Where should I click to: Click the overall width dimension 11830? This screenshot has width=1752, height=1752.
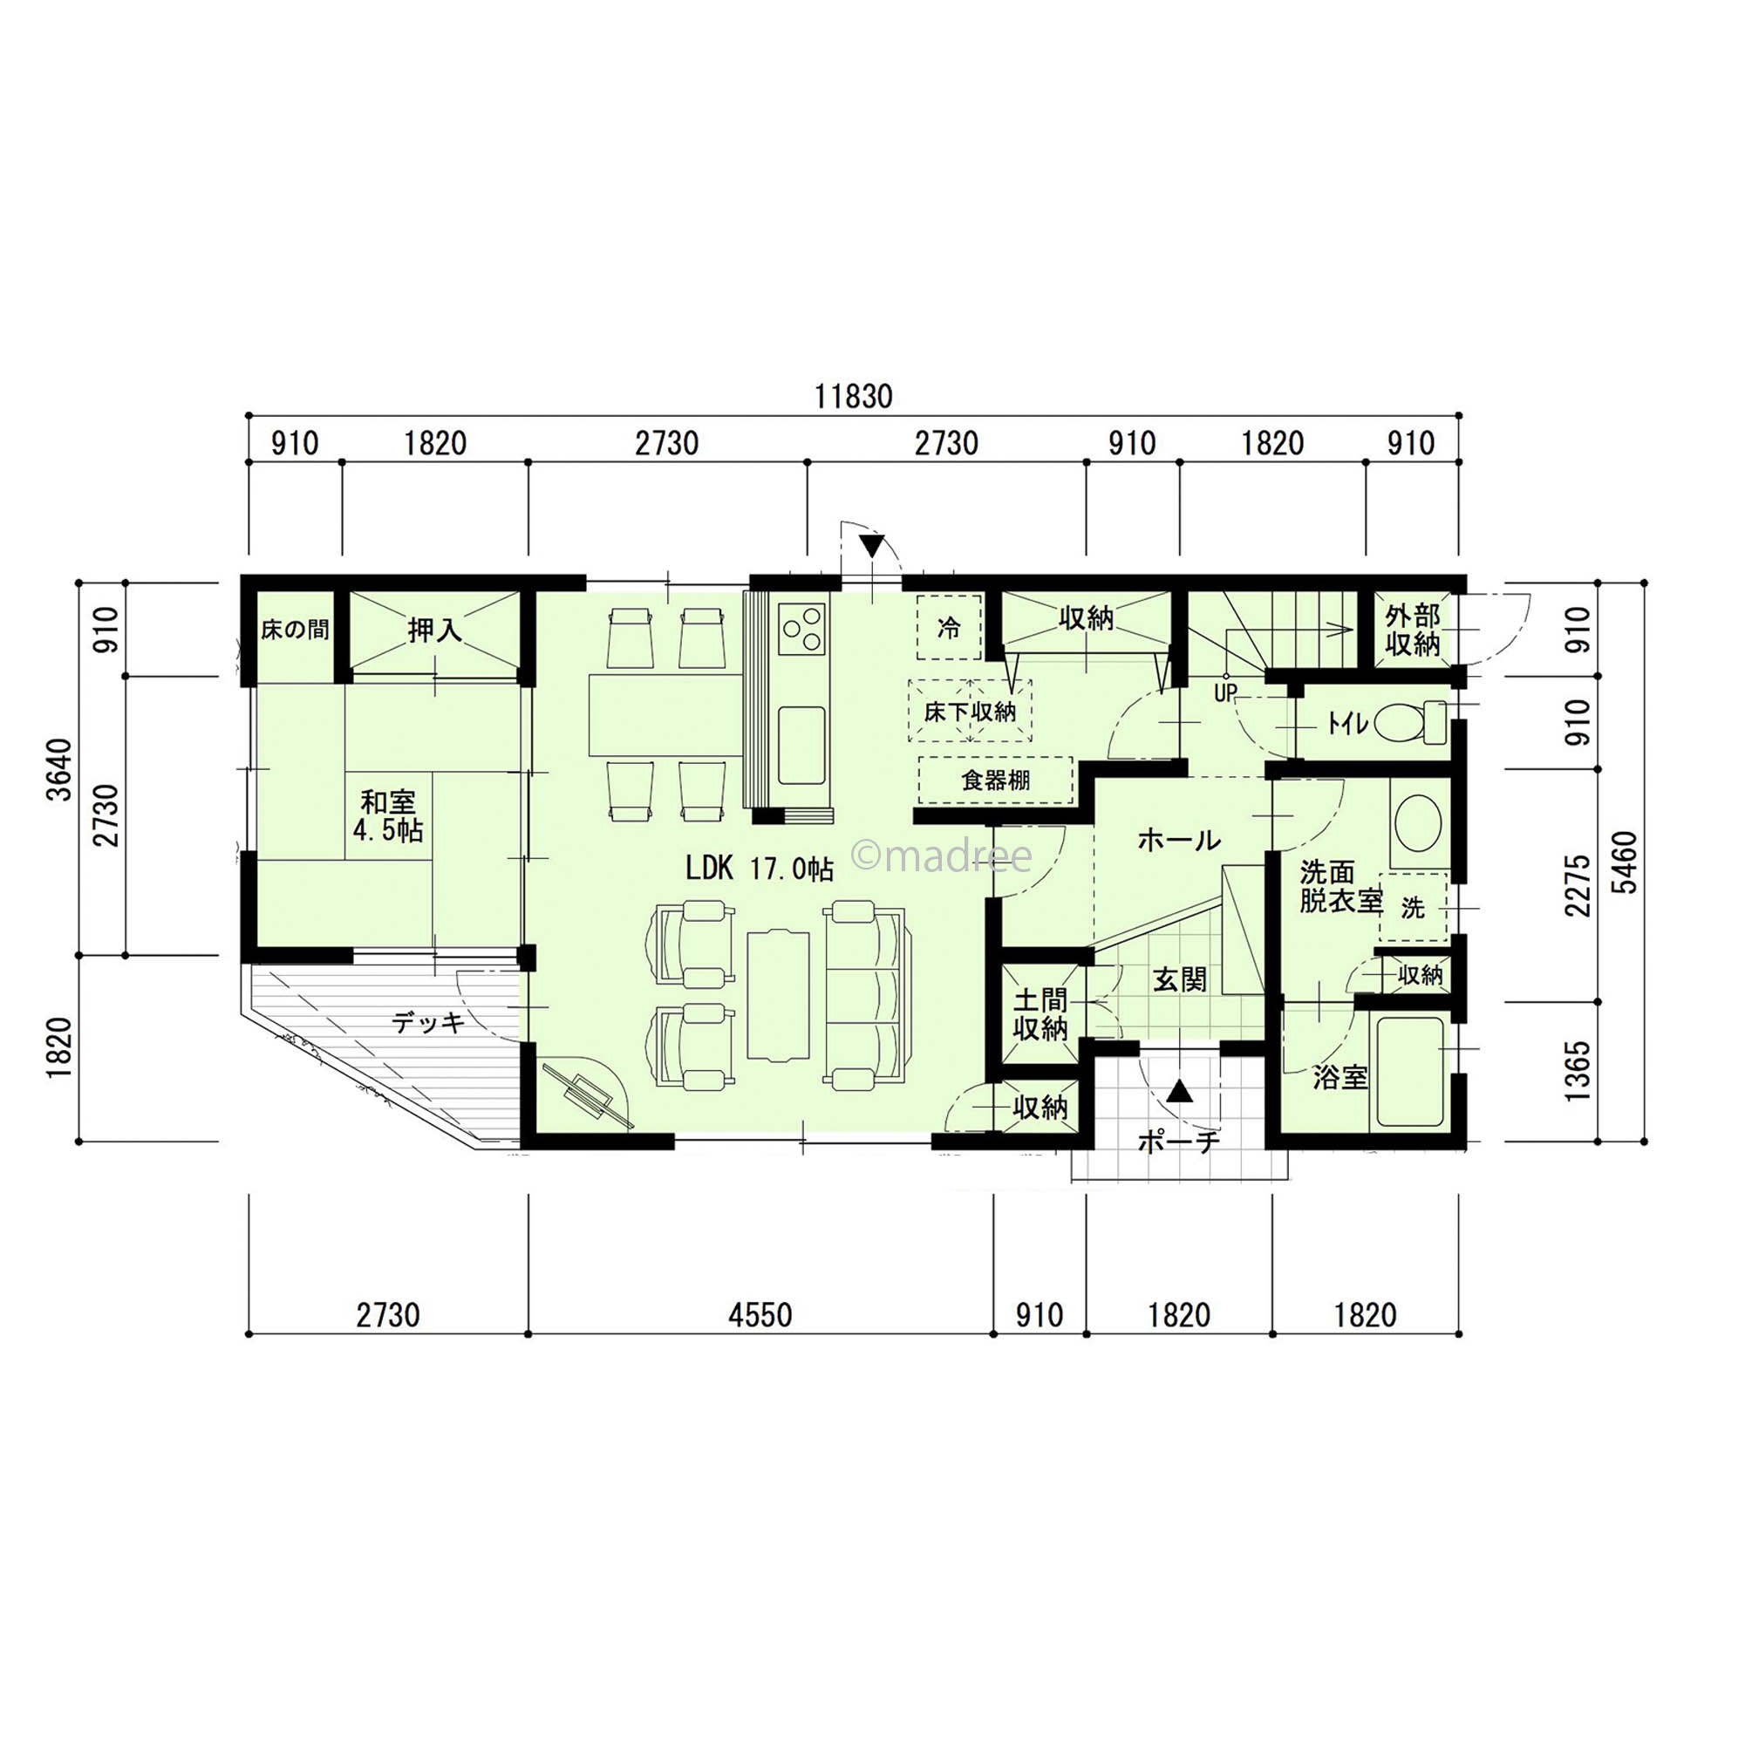pos(854,396)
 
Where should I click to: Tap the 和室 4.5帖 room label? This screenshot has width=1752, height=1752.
pos(387,816)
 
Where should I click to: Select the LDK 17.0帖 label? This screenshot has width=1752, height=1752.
pos(759,869)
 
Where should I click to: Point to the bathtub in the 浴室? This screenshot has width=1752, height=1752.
pos(1410,1072)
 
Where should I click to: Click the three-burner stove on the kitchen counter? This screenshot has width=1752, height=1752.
pos(802,628)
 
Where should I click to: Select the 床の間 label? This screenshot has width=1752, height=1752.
pos(295,630)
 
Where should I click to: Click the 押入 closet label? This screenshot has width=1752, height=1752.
pos(434,630)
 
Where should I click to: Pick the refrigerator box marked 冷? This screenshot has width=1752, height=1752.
pos(949,627)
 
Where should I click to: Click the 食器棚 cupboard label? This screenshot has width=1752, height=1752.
pos(996,780)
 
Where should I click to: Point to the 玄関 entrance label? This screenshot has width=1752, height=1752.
pos(1180,979)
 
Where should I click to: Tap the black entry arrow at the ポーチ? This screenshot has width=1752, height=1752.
pos(1179,1090)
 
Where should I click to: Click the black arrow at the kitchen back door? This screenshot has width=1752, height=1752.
pos(872,546)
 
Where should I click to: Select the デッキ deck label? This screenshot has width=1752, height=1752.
pos(428,1022)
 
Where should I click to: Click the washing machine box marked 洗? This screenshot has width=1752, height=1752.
pos(1413,908)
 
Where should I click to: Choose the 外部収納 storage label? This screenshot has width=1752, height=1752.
pos(1413,631)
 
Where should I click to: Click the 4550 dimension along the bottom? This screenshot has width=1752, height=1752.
pos(760,1315)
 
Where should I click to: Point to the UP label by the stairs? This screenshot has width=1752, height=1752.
pos(1225,693)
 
